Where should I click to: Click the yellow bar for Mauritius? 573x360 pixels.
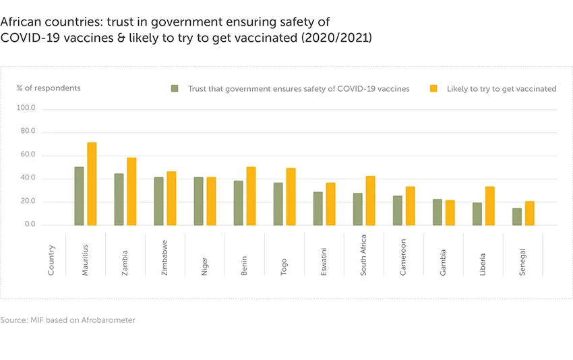click(x=92, y=184)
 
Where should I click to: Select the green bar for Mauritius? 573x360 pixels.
click(x=79, y=196)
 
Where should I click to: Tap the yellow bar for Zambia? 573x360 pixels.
click(x=131, y=191)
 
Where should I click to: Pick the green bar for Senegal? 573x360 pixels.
click(x=516, y=217)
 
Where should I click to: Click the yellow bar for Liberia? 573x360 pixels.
click(x=490, y=206)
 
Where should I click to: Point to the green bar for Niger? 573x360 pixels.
click(x=198, y=202)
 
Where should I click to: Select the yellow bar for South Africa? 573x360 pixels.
click(x=371, y=201)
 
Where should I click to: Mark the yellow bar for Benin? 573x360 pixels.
click(x=251, y=196)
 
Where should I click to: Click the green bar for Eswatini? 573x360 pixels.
click(x=318, y=209)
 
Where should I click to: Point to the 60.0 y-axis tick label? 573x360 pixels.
click(x=27, y=155)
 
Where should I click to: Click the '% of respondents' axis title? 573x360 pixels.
click(x=49, y=88)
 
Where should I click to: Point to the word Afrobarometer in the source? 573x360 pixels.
click(x=109, y=320)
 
